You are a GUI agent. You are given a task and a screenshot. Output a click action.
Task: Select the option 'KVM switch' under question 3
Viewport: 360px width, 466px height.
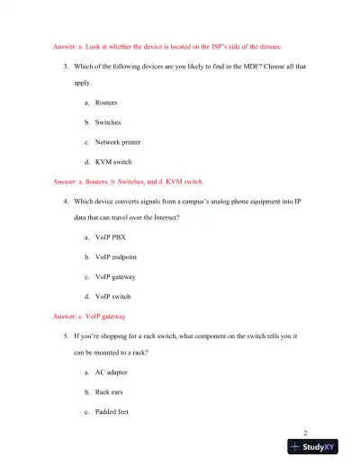[x=113, y=162]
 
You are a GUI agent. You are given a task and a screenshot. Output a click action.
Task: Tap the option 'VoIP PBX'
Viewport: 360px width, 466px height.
[x=112, y=237]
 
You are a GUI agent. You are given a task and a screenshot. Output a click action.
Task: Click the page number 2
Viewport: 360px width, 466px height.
[x=306, y=431]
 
